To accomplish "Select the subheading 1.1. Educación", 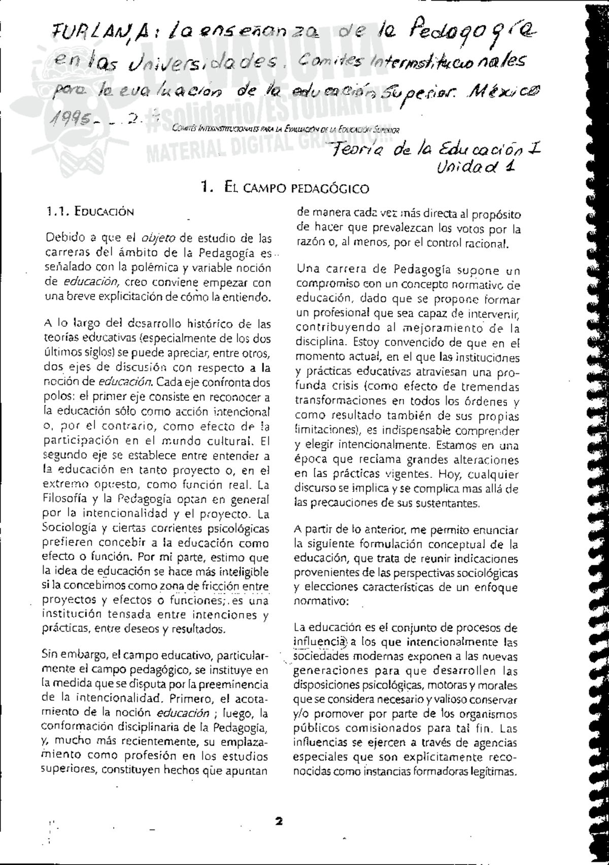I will tap(89, 212).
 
